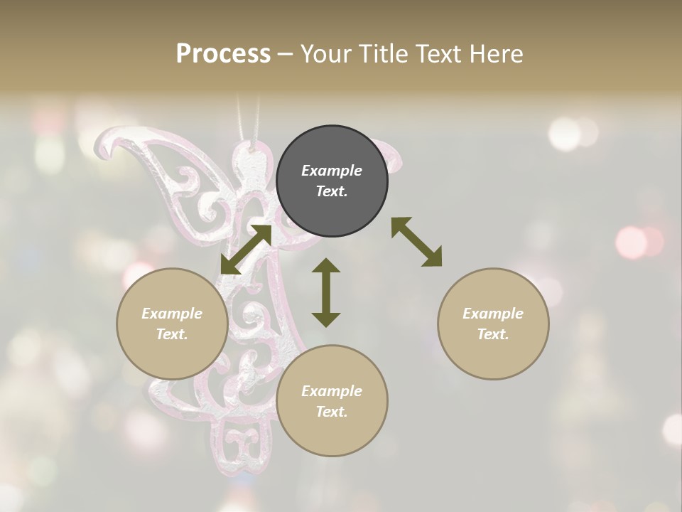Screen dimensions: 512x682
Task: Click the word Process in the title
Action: pyautogui.click(x=223, y=54)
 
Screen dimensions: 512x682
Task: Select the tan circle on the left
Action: pyautogui.click(x=172, y=324)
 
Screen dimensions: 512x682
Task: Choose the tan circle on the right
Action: pyautogui.click(x=493, y=324)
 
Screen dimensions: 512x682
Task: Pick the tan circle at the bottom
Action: pyautogui.click(x=332, y=401)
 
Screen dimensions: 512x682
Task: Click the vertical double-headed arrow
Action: pyautogui.click(x=326, y=292)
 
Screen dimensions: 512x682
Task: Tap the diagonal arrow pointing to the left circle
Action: pyautogui.click(x=246, y=249)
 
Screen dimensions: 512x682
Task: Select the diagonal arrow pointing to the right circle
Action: pyautogui.click(x=416, y=242)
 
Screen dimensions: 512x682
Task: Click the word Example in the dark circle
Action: pyautogui.click(x=332, y=171)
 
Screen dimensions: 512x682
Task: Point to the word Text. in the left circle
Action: pyautogui.click(x=172, y=334)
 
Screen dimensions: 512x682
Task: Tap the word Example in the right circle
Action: pyautogui.click(x=493, y=314)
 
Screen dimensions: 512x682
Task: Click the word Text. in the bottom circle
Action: pyautogui.click(x=332, y=412)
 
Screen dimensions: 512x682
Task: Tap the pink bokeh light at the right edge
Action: pyautogui.click(x=632, y=242)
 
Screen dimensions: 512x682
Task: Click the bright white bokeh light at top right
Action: pyautogui.click(x=565, y=133)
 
